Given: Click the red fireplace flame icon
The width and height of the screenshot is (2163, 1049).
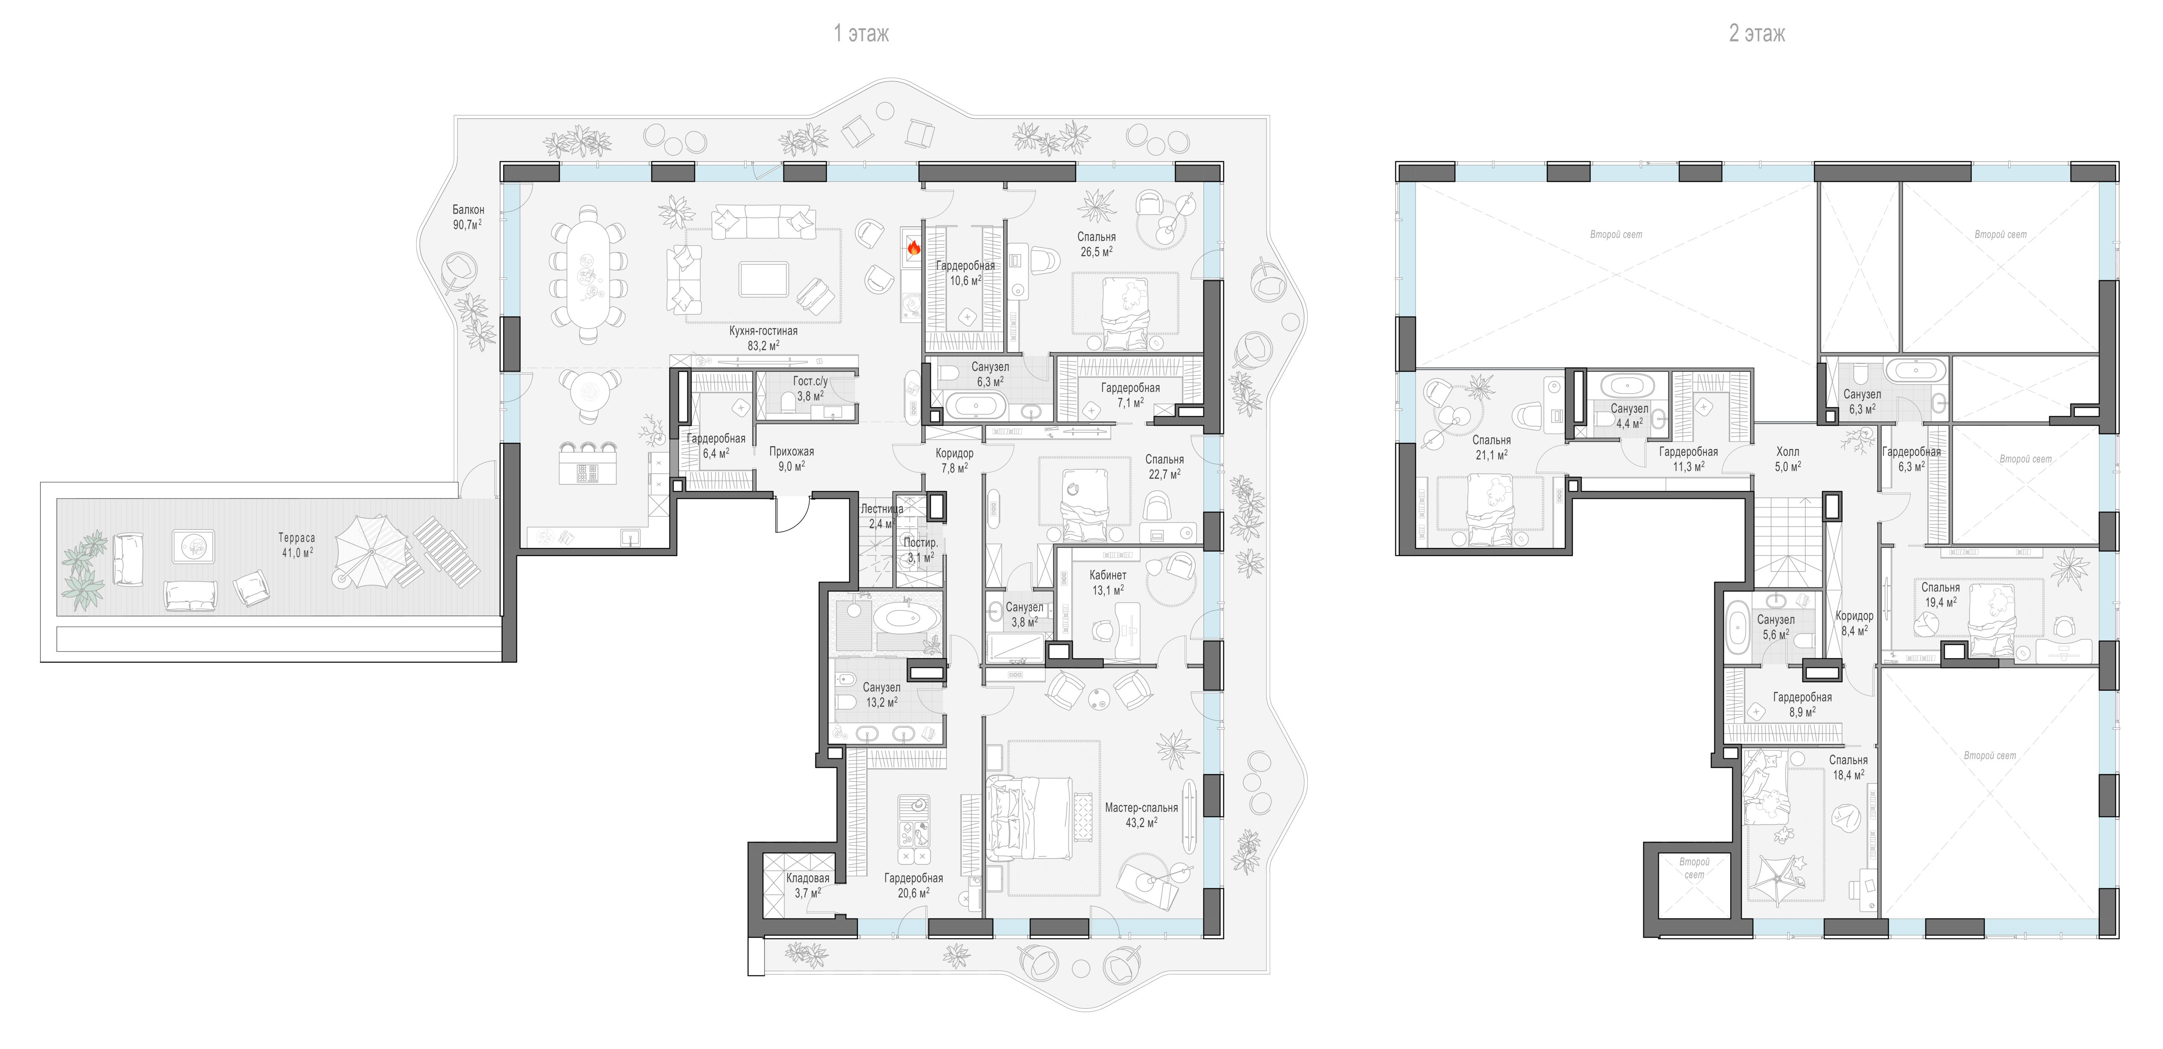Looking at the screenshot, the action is coord(913,248).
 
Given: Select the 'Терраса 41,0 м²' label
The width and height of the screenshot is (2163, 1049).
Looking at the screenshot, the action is coord(297,545).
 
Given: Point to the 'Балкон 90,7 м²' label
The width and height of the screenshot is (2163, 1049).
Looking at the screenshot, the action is coord(468,217).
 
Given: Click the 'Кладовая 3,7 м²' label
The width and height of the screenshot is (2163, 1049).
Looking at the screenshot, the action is coord(808,885).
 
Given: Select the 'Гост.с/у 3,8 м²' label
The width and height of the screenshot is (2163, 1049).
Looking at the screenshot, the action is coord(810,388).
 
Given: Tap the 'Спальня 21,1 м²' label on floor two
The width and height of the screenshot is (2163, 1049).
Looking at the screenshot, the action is coord(1491,447).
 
